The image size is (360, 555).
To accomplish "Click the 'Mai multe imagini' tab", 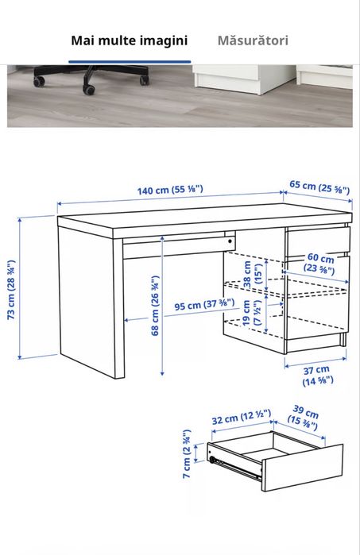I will pyautogui.click(x=129, y=40).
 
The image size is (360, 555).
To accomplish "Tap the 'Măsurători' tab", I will pyautogui.click(x=253, y=40).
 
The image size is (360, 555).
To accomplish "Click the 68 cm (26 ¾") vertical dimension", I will pyautogui.click(x=156, y=305).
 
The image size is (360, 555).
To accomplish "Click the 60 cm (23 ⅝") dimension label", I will pyautogui.click(x=321, y=264).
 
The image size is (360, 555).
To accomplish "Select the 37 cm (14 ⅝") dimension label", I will pyautogui.click(x=316, y=375).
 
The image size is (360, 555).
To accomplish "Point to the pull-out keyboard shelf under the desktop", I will pyautogui.click(x=175, y=248).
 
